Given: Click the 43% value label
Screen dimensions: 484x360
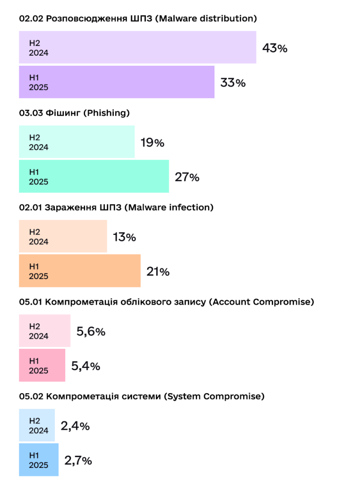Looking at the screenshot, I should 275,48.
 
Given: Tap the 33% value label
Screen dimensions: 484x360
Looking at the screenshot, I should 233,83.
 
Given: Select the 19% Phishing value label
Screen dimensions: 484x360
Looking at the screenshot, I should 152,142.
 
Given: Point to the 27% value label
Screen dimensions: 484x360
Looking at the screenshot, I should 187,177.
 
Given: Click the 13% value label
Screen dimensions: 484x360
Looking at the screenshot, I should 124,237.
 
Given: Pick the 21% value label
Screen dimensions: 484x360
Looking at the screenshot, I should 158,272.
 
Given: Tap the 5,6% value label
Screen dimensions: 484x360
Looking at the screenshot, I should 91,331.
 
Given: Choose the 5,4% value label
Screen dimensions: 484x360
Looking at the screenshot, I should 86,366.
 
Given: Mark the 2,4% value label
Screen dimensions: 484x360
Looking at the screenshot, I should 75,426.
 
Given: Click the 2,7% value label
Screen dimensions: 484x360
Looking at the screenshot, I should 78,460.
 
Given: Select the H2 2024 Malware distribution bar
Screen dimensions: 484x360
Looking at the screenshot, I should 137,47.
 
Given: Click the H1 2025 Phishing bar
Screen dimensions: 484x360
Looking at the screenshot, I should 94,176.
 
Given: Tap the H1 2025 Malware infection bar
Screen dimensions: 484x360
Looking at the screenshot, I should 79,271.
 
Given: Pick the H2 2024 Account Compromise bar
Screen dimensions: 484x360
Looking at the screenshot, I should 44,331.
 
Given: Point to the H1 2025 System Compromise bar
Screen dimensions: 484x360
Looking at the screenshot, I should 39,460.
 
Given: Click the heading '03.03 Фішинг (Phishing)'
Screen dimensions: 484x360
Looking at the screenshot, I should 74,113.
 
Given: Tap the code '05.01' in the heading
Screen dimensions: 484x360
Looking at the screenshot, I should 30,302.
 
